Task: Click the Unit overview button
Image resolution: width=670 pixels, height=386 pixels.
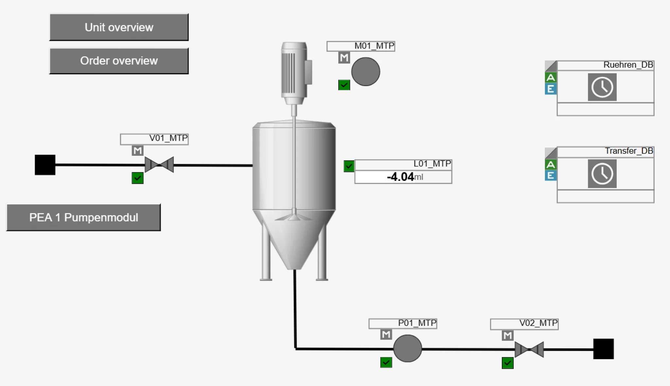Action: click(x=119, y=27)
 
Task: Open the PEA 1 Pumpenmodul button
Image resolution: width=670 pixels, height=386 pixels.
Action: click(x=83, y=218)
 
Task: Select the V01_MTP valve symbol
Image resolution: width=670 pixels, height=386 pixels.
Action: click(x=159, y=165)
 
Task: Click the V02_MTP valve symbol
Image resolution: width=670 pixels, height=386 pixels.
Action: click(x=529, y=349)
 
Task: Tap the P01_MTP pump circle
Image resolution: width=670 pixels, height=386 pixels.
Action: click(x=407, y=348)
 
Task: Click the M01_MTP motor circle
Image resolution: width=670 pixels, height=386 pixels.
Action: click(x=365, y=72)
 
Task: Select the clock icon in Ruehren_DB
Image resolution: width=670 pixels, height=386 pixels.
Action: click(x=602, y=87)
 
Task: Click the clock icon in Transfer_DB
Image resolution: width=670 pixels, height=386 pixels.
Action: click(x=602, y=174)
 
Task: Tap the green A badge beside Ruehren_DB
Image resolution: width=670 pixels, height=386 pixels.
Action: click(x=551, y=78)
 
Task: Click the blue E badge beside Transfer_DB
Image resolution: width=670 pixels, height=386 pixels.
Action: click(x=551, y=176)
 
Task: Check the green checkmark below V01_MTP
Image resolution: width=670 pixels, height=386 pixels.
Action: click(x=137, y=178)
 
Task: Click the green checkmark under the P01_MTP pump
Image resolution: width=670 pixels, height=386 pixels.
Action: click(x=386, y=362)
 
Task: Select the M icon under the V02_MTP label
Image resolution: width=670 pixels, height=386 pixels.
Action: click(x=507, y=336)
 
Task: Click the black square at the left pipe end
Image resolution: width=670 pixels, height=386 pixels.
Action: click(x=45, y=165)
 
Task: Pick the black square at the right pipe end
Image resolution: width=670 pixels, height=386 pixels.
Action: click(x=603, y=349)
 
